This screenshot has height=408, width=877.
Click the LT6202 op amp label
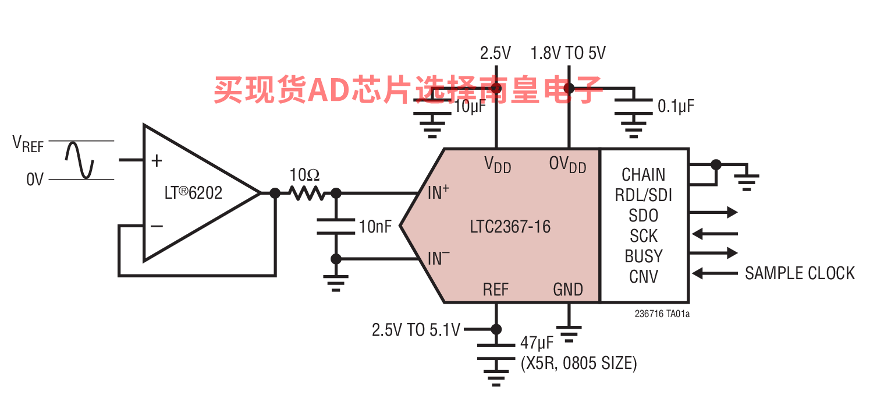tap(193, 193)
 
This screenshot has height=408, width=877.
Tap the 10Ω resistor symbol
tap(305, 193)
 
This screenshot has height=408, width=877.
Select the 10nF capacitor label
tap(375, 227)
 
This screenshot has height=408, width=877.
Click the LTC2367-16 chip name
tap(510, 226)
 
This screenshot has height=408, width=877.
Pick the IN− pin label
tap(438, 258)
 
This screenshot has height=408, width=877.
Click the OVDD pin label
tap(567, 165)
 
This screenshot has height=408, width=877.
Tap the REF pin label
tap(496, 289)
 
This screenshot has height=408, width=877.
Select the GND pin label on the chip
tap(568, 289)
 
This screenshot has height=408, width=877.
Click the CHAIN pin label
tap(643, 175)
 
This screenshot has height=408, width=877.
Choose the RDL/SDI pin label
tap(643, 195)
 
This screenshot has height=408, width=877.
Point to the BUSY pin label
tap(643, 256)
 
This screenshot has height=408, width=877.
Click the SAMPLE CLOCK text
tap(800, 273)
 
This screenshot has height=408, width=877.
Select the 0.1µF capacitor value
tap(676, 106)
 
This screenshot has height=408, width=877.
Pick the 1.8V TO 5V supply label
tap(568, 54)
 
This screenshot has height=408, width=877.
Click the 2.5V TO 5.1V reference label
tap(416, 330)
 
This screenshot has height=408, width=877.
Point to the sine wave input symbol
tap(80, 160)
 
